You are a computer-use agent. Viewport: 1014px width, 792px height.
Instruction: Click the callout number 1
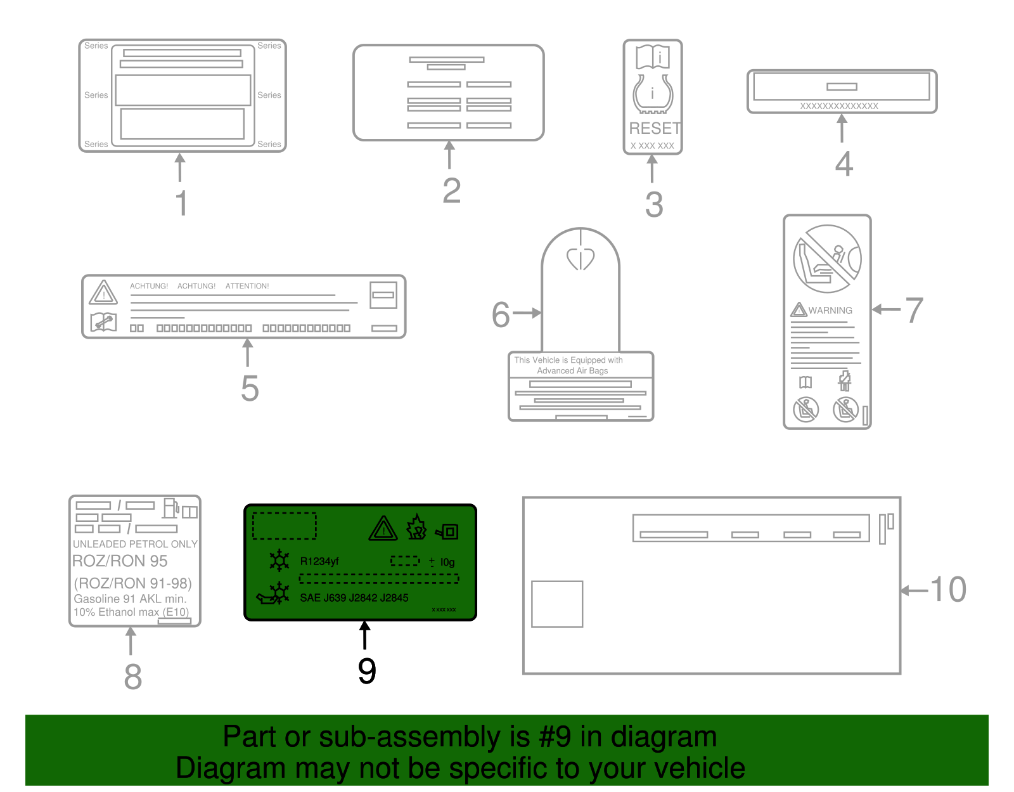coord(181,203)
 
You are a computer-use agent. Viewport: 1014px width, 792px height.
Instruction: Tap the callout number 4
coord(844,164)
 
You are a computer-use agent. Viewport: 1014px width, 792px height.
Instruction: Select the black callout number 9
coord(367,671)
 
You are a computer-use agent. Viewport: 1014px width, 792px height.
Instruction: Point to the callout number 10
coord(948,589)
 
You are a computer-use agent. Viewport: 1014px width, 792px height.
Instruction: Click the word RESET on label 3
coord(655,128)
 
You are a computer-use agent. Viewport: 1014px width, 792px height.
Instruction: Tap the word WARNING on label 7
coord(830,310)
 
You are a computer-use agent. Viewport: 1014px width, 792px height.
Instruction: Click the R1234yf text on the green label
coord(319,561)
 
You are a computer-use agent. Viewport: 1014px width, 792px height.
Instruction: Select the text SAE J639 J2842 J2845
coord(354,597)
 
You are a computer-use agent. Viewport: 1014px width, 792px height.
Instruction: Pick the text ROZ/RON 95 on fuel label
coord(120,561)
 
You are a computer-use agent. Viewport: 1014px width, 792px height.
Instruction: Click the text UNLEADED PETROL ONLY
coord(135,544)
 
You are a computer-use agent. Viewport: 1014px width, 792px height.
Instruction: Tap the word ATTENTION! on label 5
coord(247,286)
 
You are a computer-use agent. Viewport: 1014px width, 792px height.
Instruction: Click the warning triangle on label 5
coord(103,293)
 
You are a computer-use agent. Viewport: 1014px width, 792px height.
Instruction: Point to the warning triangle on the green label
coord(383,529)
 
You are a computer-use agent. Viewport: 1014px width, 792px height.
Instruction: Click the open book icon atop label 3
coord(653,57)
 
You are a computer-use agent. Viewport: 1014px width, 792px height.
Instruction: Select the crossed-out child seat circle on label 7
coord(827,259)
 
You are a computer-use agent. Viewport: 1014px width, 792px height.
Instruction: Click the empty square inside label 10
coord(557,604)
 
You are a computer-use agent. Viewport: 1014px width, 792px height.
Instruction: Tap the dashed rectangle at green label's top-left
coord(284,526)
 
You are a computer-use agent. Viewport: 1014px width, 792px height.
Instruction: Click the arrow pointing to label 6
coord(527,313)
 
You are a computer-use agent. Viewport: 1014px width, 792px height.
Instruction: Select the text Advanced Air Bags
coord(572,371)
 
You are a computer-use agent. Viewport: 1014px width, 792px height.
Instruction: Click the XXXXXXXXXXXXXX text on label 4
coord(839,106)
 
